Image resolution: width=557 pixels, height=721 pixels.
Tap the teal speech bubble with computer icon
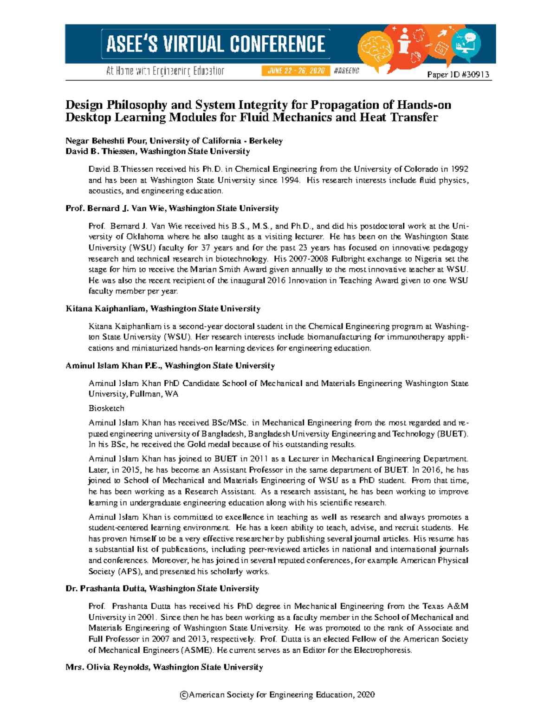pos(466,44)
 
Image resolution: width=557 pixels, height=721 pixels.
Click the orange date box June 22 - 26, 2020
pos(295,71)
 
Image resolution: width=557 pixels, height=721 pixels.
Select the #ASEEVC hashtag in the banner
pos(346,71)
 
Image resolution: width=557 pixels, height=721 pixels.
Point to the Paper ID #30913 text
pos(458,75)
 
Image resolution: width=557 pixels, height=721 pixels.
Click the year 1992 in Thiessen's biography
pos(459,169)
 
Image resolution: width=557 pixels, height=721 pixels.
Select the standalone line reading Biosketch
pos(106,409)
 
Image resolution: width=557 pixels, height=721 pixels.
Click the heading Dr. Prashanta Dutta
pos(113,589)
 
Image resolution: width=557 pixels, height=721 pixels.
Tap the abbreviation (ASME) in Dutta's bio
pos(197,650)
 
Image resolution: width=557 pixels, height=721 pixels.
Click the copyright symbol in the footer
pos(184,695)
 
